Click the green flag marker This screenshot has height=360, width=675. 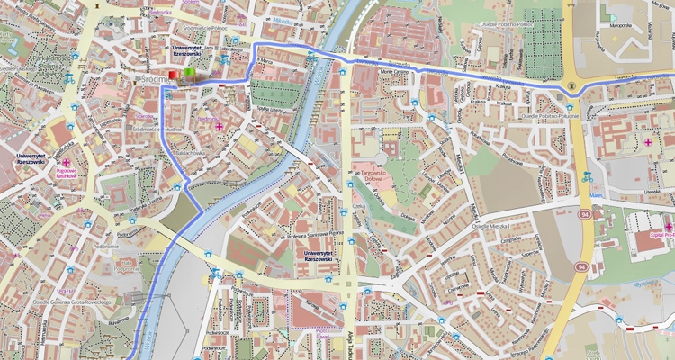click(x=188, y=72)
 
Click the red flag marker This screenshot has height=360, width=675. click(x=175, y=74)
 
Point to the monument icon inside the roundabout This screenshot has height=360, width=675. click(x=573, y=84)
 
